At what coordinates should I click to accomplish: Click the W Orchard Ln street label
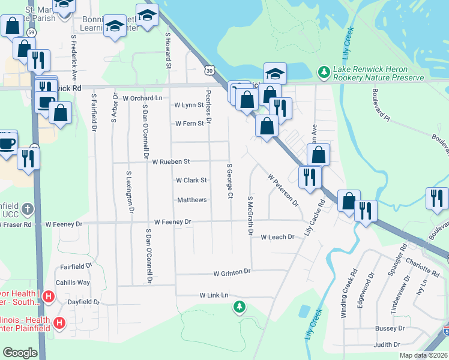[142, 98]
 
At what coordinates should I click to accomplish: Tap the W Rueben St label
[170, 162]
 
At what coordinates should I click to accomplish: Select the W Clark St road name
[191, 180]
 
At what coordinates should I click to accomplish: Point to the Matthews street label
[191, 200]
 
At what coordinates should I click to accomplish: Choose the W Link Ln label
[214, 295]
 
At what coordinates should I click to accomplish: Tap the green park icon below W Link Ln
[240, 308]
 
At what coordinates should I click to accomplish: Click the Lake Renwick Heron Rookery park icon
[324, 72]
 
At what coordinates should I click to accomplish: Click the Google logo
[20, 353]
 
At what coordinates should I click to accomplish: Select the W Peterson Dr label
[283, 190]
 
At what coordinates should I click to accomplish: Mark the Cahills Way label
[73, 283]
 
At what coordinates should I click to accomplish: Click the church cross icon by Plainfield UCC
[27, 209]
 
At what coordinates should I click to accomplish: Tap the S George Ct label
[229, 180]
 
